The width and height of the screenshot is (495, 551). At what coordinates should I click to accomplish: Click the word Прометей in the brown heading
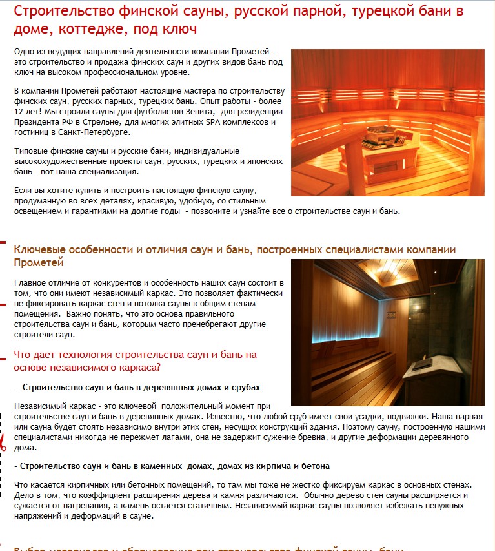click(x=39, y=262)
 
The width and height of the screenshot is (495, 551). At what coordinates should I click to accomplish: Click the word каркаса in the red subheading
click(x=134, y=368)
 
